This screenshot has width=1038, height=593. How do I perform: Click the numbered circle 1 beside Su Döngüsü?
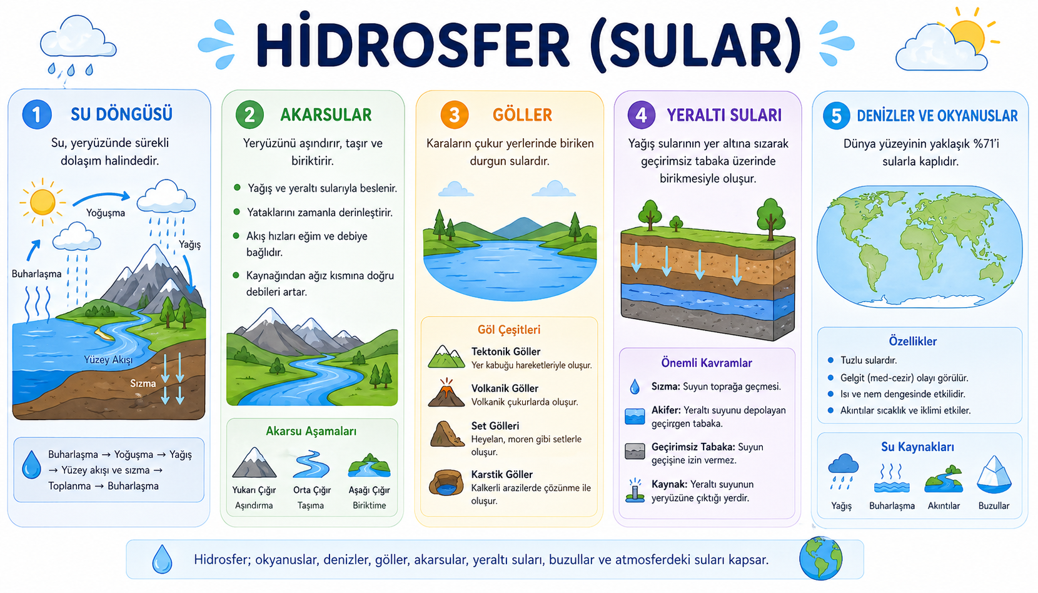pyautogui.click(x=36, y=114)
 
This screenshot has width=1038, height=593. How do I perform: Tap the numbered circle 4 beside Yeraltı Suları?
pyautogui.click(x=641, y=115)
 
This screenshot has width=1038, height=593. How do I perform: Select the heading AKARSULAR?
pyautogui.click(x=326, y=115)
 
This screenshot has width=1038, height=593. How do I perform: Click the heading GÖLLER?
pyautogui.click(x=522, y=115)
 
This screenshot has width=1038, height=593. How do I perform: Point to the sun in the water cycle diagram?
pyautogui.click(x=43, y=201)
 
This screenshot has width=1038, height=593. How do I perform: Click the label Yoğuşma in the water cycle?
pyautogui.click(x=106, y=213)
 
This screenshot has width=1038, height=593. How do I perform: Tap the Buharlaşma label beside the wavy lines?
pyautogui.click(x=36, y=274)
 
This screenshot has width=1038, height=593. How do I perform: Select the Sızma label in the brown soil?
pyautogui.click(x=143, y=383)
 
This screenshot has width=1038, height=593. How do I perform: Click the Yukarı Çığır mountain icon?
pyautogui.click(x=254, y=464)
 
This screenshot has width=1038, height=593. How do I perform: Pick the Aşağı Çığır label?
pyautogui.click(x=369, y=490)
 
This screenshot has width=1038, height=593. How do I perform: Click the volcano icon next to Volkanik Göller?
pyautogui.click(x=446, y=393)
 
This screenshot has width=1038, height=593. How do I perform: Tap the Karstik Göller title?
pyautogui.click(x=501, y=475)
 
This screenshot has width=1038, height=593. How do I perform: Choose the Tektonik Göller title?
pyautogui.click(x=505, y=352)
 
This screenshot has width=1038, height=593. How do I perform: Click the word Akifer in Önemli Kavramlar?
pyautogui.click(x=665, y=410)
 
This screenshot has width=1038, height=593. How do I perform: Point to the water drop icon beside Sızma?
pyautogui.click(x=635, y=387)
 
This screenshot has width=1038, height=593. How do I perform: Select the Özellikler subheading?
pyautogui.click(x=912, y=342)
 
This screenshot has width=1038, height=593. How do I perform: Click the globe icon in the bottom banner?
pyautogui.click(x=820, y=559)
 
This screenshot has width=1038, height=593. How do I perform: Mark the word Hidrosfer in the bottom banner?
pyautogui.click(x=221, y=560)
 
